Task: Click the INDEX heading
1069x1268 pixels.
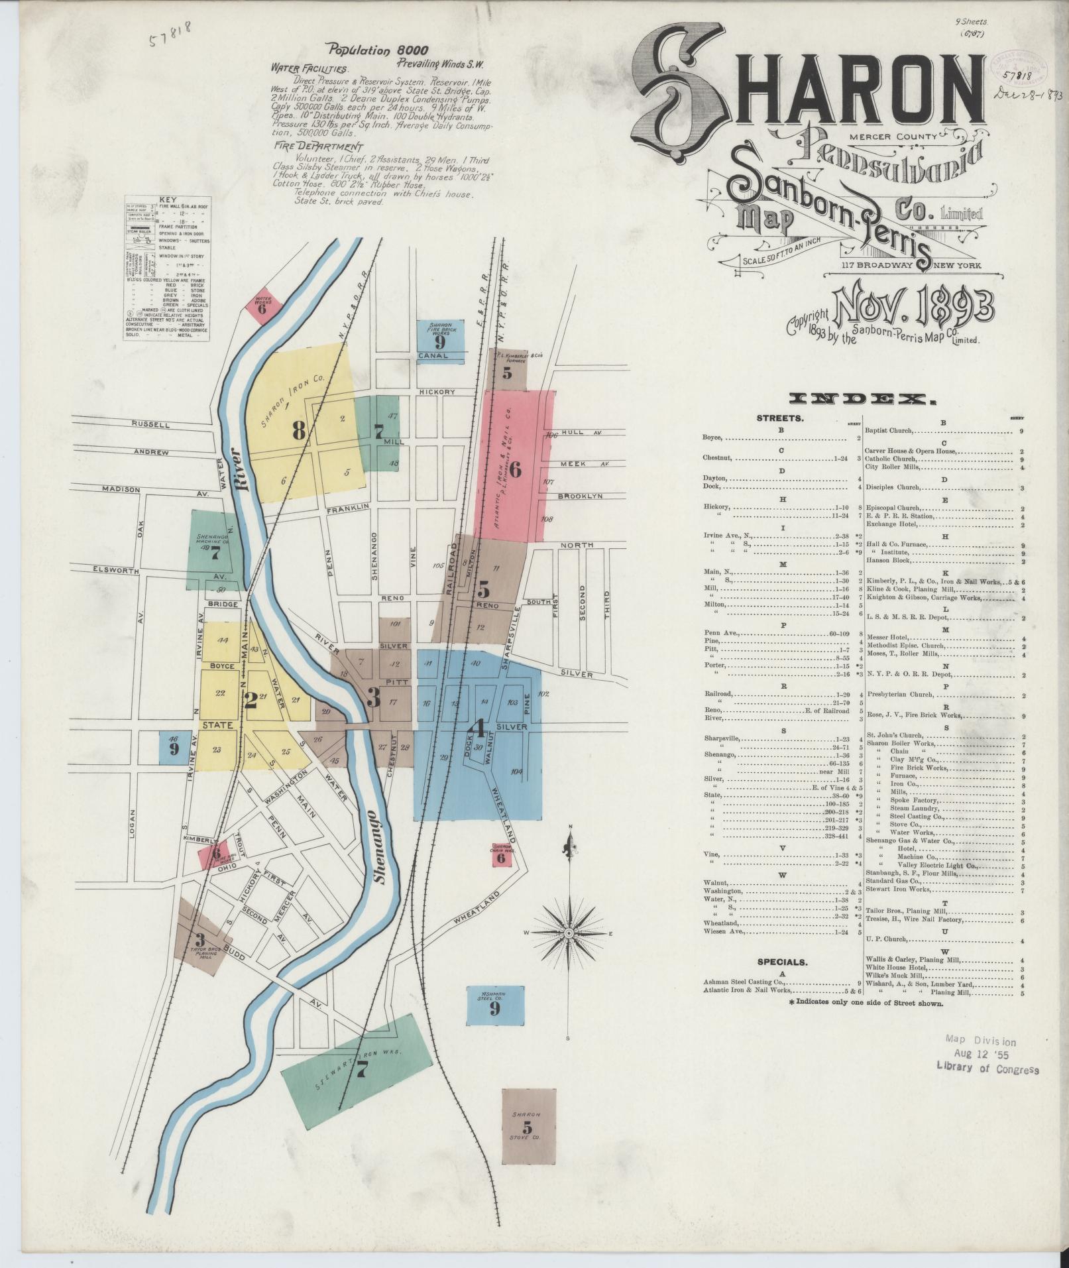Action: (x=862, y=398)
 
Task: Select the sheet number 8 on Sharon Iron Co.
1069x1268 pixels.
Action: (x=298, y=432)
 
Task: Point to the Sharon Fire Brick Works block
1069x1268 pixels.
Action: (x=440, y=336)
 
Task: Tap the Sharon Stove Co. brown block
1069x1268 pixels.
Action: (x=528, y=1126)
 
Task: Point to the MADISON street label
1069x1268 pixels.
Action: (x=123, y=489)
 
